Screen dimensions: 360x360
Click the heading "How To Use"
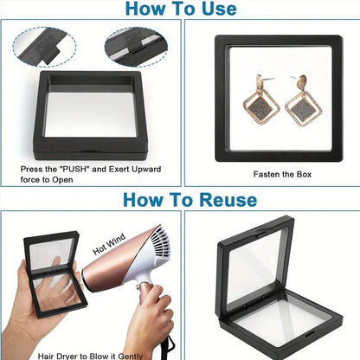tap(180, 10)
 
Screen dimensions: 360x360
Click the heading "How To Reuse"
tap(189, 200)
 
